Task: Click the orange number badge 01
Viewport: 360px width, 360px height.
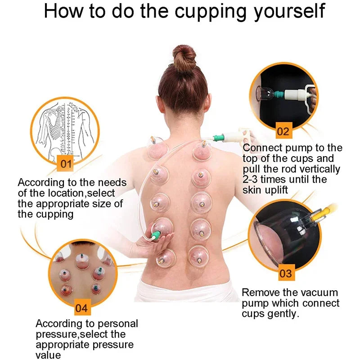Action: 66,163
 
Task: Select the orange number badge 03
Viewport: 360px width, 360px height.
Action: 286,273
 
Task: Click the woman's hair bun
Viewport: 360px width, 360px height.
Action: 184,57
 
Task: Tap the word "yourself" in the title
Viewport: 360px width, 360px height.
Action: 288,12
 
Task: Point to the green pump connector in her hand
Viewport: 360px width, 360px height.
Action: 157,236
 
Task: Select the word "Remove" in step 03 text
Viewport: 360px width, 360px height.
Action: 261,292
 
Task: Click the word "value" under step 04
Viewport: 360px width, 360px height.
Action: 48,355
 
